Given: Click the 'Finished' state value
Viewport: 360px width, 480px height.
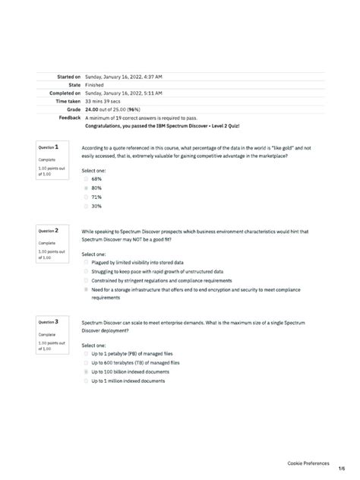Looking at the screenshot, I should (95, 85).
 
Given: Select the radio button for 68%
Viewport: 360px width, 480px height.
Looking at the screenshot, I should (87, 179).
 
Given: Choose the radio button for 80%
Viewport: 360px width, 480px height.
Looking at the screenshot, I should (87, 188).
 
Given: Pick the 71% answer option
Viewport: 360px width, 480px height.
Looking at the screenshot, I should (96, 197).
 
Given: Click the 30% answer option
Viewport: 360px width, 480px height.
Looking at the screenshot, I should (96, 206).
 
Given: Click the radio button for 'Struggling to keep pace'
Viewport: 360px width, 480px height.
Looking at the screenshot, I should (87, 271).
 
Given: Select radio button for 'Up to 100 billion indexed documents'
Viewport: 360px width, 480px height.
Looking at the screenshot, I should (87, 372).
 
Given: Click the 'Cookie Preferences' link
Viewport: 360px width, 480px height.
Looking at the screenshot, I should (308, 463).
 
